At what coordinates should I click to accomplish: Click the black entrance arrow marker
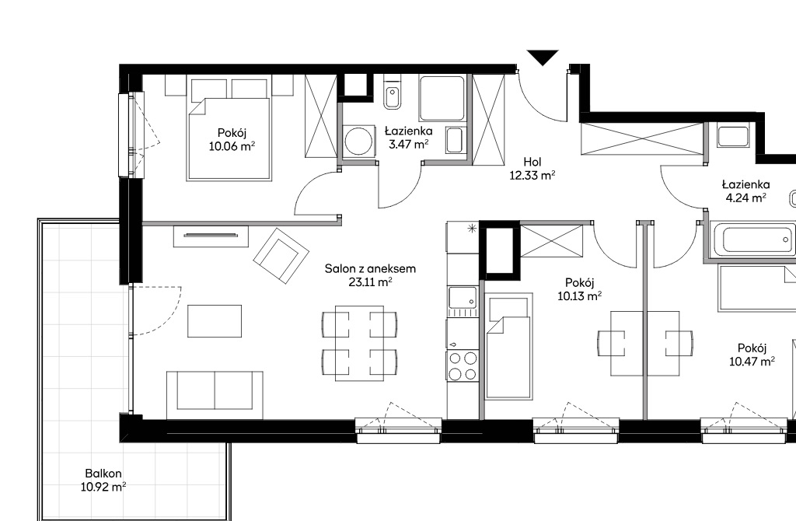543,57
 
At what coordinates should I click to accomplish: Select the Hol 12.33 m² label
532,169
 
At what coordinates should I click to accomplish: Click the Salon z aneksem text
370,268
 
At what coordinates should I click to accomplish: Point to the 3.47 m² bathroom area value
408,144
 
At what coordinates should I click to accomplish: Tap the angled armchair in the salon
281,255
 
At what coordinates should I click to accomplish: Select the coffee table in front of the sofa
215,321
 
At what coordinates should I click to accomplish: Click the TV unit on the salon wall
211,236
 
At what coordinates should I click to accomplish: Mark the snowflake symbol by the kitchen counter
473,229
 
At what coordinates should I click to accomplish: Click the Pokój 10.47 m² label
752,355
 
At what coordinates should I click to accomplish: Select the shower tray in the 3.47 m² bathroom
442,99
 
